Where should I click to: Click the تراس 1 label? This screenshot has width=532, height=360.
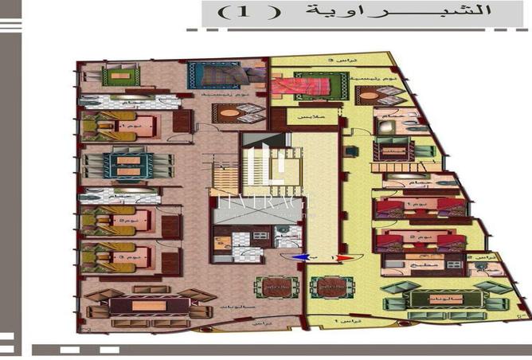click(x=345, y=319)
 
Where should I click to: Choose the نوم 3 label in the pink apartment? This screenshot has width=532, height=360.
click(x=125, y=256)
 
